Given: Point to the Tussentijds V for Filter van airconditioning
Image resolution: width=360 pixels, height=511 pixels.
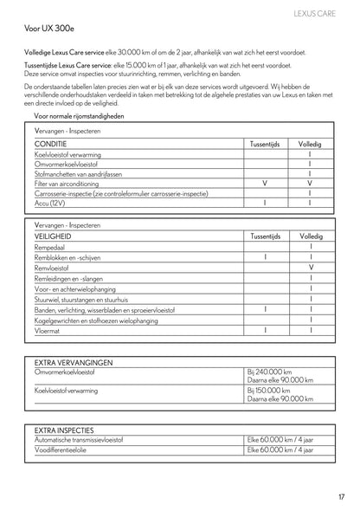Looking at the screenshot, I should (264, 184).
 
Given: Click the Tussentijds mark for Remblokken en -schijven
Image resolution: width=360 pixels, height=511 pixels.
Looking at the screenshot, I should (264, 257).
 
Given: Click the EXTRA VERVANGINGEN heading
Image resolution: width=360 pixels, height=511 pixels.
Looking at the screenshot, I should (74, 362).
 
